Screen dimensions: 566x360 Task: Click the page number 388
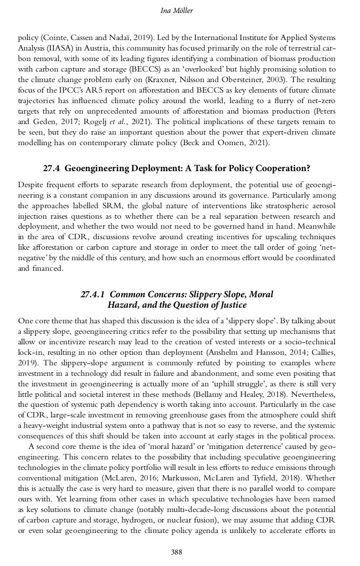[x=176, y=552]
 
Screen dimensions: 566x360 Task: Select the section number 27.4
[x=52, y=169]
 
